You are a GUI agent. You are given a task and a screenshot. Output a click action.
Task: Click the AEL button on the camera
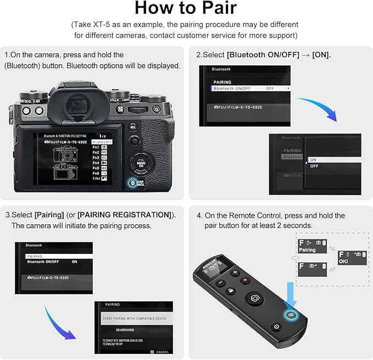pyautogui.click(x=132, y=126)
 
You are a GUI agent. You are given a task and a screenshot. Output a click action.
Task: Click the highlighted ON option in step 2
pyautogui.click(x=314, y=159)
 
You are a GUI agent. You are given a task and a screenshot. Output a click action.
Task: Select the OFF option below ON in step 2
pyautogui.click(x=314, y=166)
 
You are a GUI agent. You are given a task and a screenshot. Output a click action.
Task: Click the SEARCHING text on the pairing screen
pyautogui.click(x=125, y=330)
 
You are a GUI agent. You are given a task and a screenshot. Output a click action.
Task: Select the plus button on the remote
pyautogui.click(x=236, y=273)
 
